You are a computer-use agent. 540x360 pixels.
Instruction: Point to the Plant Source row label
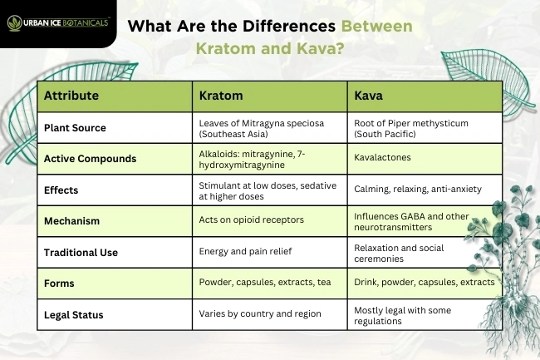[x=75, y=128]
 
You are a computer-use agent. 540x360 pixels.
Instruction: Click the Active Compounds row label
[x=90, y=158]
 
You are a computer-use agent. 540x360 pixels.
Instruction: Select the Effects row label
[x=61, y=190]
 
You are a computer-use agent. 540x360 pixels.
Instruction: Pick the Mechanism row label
[x=71, y=221]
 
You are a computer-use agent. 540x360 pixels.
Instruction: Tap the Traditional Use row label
[x=81, y=252]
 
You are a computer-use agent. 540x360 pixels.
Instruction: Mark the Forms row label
[x=59, y=284]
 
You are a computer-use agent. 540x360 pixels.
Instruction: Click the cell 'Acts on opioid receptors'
[x=250, y=220]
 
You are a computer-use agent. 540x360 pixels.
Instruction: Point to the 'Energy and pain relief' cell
[x=243, y=251]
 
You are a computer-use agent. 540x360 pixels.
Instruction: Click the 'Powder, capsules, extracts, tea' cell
[x=264, y=283]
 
